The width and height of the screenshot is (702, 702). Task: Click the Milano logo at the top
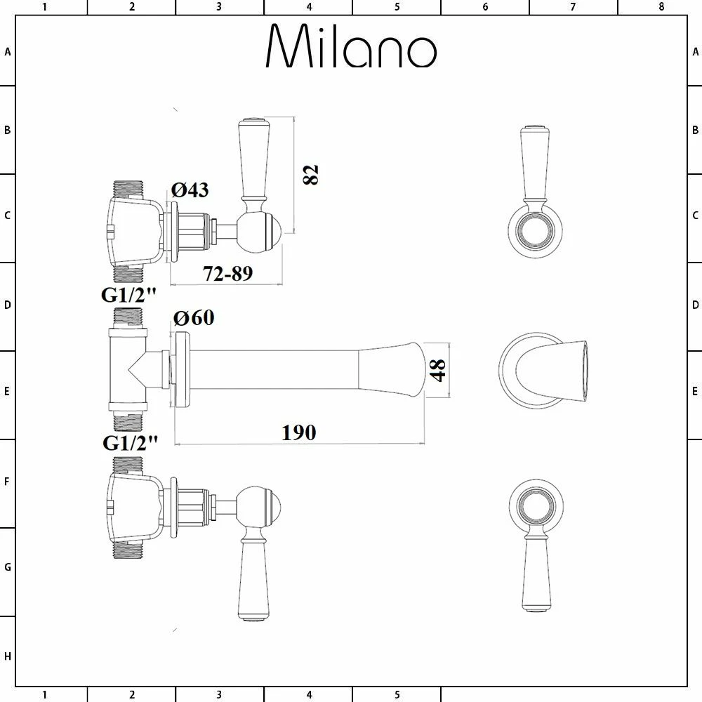351,48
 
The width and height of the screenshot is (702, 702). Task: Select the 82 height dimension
311,174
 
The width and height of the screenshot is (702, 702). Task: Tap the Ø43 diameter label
190,190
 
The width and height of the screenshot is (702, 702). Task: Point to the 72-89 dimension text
227,274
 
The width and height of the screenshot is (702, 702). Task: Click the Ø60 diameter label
193,318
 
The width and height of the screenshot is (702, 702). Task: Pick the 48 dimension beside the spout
439,370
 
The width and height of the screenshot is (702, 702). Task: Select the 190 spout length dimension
298,432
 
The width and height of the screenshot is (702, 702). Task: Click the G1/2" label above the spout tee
128,296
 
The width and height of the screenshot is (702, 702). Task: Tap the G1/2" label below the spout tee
130,443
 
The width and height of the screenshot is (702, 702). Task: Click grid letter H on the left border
8,656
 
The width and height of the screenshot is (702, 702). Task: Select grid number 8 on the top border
661,7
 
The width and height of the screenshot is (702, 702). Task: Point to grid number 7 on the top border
573,7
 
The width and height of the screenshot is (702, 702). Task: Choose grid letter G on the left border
8,567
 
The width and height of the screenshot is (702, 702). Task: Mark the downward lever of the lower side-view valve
253,579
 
